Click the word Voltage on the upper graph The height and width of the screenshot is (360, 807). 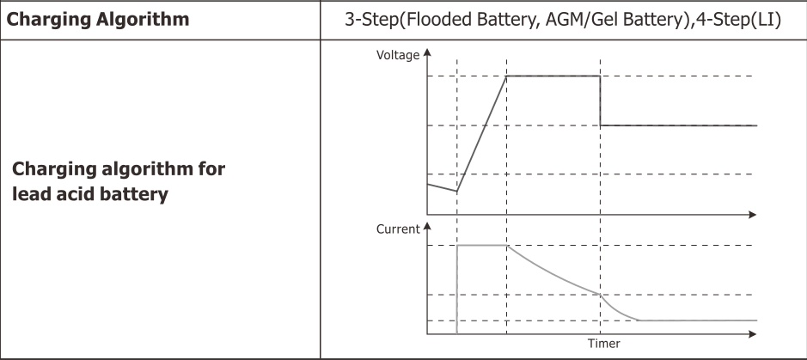[398, 55]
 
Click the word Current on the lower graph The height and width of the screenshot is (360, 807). [398, 229]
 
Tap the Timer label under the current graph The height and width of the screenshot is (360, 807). [603, 345]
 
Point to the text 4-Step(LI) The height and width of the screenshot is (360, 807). [739, 18]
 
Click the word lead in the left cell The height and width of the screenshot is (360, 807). [33, 194]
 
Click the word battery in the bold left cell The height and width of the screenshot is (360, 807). [137, 194]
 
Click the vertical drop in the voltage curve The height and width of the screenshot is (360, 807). [599, 101]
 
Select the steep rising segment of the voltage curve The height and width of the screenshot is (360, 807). [481, 133]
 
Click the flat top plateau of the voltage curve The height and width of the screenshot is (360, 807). [553, 76]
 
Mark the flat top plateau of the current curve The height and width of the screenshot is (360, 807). [482, 246]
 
